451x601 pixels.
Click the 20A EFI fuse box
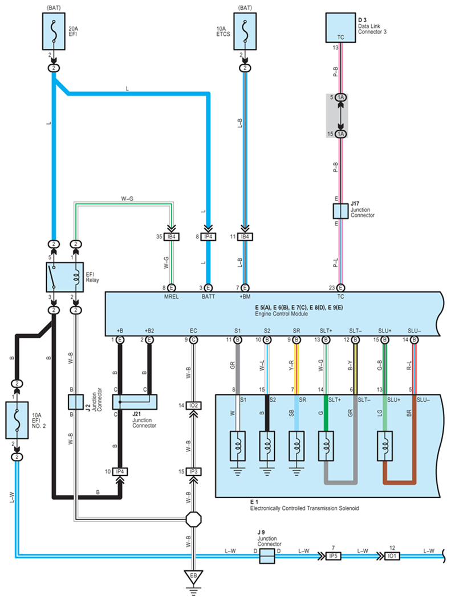(x=54, y=33)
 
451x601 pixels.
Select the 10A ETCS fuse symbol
(x=245, y=33)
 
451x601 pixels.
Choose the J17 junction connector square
(x=340, y=211)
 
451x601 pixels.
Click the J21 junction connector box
(x=135, y=402)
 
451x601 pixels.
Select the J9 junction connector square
(x=267, y=556)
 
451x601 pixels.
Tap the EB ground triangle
(x=193, y=577)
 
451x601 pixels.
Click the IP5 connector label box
(x=332, y=556)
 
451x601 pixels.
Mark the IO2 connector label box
(x=193, y=405)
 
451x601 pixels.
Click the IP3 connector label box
(x=193, y=472)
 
